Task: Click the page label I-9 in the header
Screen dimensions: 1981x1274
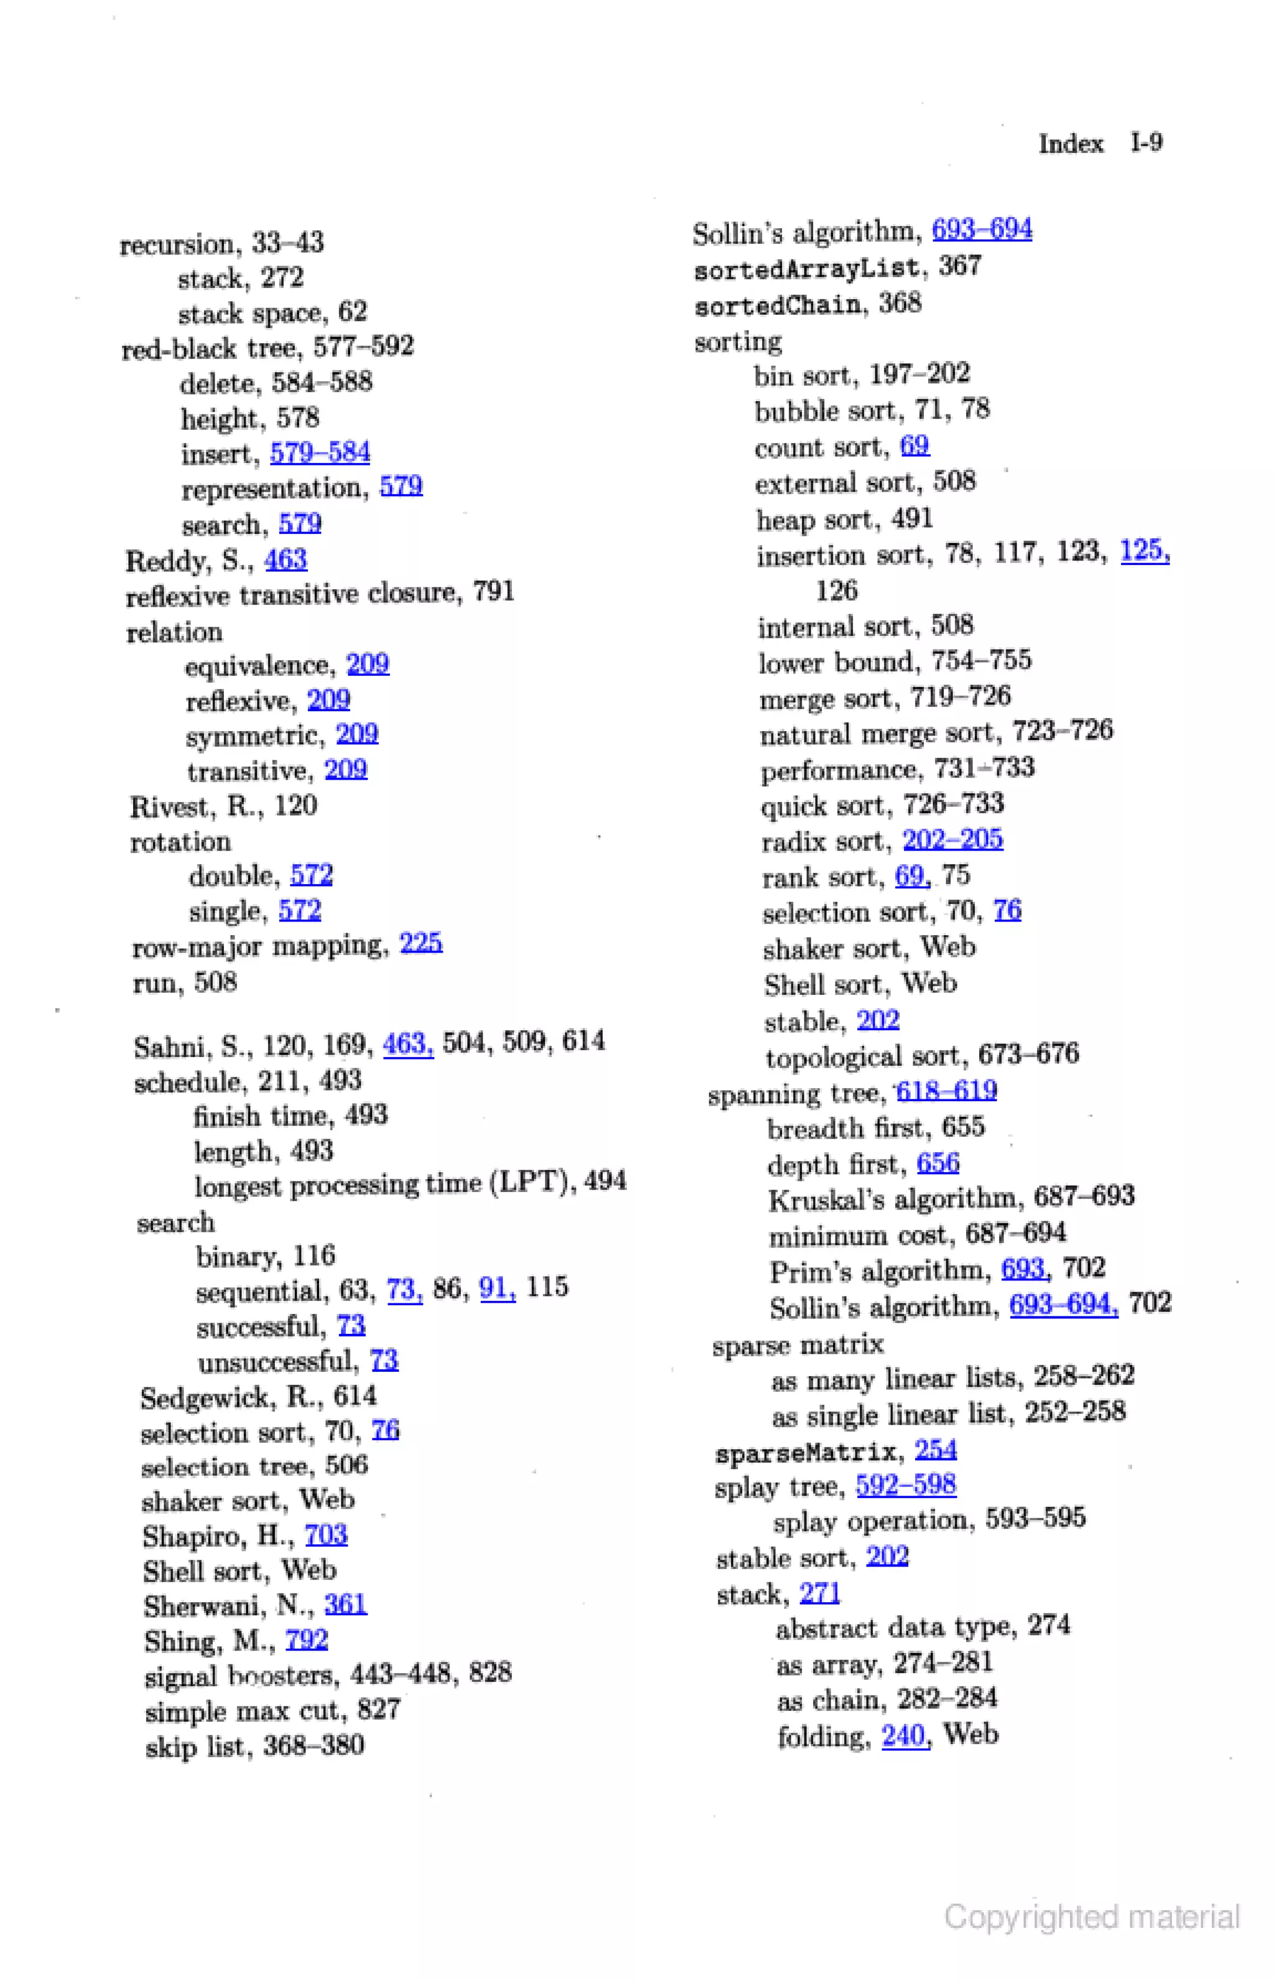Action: point(1146,143)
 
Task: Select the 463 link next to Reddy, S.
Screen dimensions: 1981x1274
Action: point(286,560)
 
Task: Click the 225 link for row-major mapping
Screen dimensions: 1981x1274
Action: point(421,943)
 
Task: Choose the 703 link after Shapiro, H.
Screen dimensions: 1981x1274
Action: point(326,1536)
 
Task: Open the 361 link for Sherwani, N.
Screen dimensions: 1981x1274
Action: point(345,1605)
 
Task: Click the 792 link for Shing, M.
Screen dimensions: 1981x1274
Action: point(307,1640)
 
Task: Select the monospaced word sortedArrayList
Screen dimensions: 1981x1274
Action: point(807,269)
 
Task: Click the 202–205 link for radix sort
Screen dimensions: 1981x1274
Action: point(952,840)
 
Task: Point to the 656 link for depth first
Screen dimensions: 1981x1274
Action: point(937,1163)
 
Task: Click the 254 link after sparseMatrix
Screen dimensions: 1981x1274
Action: point(935,1450)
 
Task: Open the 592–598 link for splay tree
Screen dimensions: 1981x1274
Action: point(906,1485)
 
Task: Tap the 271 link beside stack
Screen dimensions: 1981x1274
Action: point(820,1593)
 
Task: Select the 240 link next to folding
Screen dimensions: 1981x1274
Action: point(903,1735)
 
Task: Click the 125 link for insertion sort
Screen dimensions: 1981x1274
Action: point(1143,551)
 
